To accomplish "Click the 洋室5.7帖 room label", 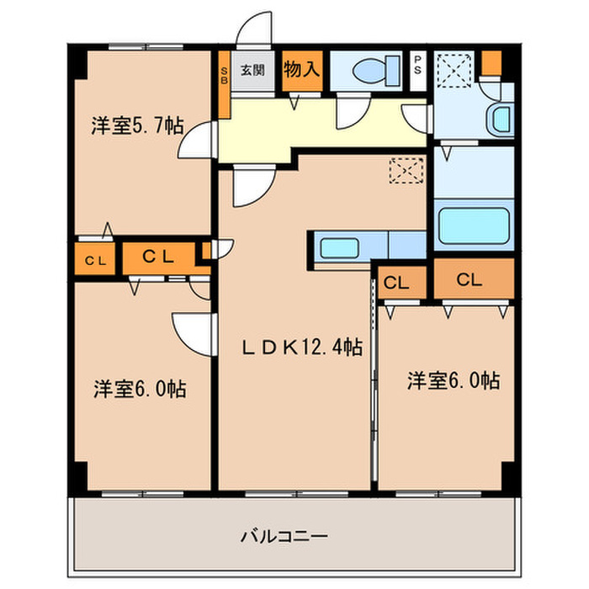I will point(137,127).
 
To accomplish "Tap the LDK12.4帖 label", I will point(303,347).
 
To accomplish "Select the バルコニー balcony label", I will point(284,535).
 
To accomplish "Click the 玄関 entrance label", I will point(252,71).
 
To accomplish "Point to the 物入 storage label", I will point(301,70).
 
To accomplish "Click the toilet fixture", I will point(371,70).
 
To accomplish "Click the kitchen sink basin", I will point(341,248).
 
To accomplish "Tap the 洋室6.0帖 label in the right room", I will point(454,380).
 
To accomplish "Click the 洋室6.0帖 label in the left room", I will point(139,389).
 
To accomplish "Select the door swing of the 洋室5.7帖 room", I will point(195,141).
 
